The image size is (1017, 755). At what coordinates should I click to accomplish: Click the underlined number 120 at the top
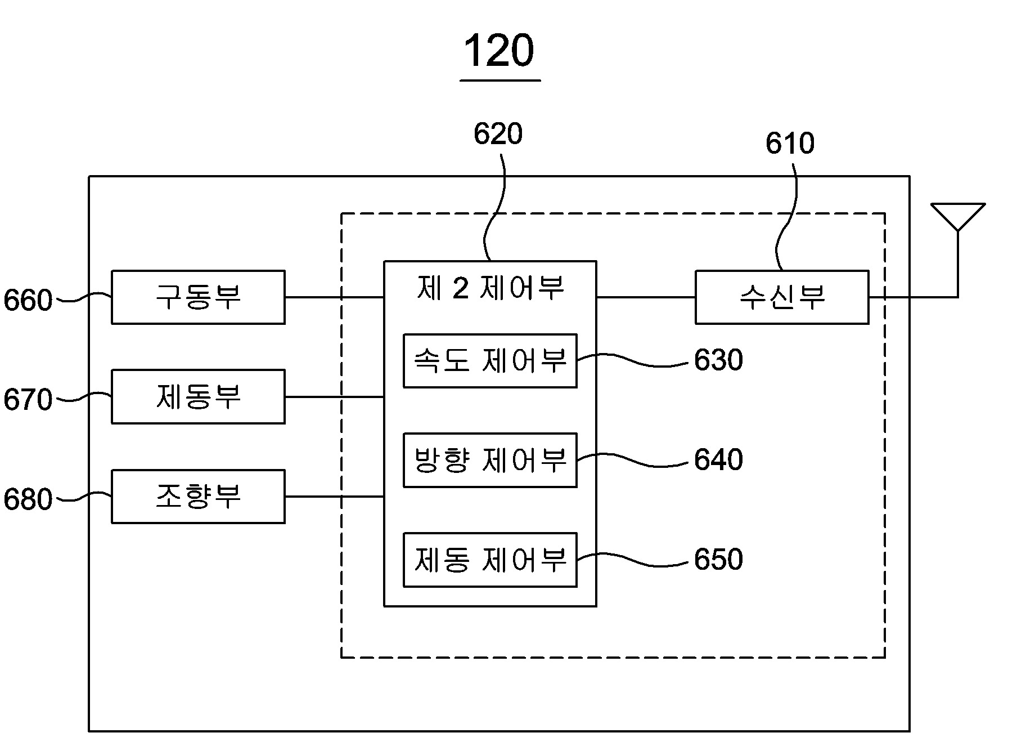click(499, 51)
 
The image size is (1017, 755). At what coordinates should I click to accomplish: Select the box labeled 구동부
click(198, 297)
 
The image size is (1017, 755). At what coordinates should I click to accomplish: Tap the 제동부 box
click(198, 396)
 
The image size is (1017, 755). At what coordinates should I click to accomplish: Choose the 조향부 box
click(198, 497)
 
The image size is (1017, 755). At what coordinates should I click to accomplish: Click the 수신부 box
click(782, 297)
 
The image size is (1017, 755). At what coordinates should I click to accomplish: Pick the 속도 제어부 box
click(490, 361)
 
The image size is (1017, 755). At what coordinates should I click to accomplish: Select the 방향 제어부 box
click(490, 460)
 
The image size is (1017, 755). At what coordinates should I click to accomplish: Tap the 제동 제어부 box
click(490, 560)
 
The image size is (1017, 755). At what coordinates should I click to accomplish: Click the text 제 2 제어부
click(490, 288)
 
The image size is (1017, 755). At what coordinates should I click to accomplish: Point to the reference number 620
click(498, 134)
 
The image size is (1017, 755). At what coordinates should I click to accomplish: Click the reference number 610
click(790, 144)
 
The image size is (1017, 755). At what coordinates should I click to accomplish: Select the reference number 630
click(718, 360)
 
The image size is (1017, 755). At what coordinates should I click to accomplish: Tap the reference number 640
click(718, 459)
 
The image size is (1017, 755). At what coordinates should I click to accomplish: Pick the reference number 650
click(718, 559)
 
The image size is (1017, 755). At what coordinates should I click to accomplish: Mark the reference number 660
click(28, 301)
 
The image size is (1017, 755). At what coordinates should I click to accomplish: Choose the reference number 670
click(28, 400)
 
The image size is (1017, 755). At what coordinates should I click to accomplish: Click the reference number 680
click(28, 499)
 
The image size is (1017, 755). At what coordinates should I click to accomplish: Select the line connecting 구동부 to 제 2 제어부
click(335, 297)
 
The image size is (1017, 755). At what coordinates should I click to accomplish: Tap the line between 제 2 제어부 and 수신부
click(646, 297)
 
